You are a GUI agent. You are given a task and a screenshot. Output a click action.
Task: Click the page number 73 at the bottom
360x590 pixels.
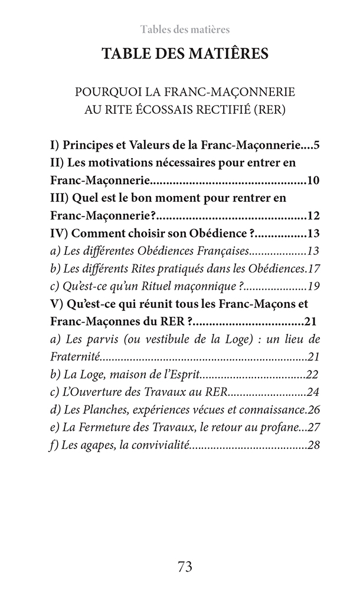click(185, 567)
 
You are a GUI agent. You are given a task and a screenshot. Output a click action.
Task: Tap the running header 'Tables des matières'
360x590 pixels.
click(185, 29)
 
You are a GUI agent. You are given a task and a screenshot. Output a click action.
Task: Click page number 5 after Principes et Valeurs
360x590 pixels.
click(316, 145)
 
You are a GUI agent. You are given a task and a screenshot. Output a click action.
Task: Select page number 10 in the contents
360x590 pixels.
click(313, 180)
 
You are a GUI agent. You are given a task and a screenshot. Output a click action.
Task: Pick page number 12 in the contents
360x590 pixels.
click(313, 215)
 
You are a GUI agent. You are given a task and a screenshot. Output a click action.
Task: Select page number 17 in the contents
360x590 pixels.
click(313, 268)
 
